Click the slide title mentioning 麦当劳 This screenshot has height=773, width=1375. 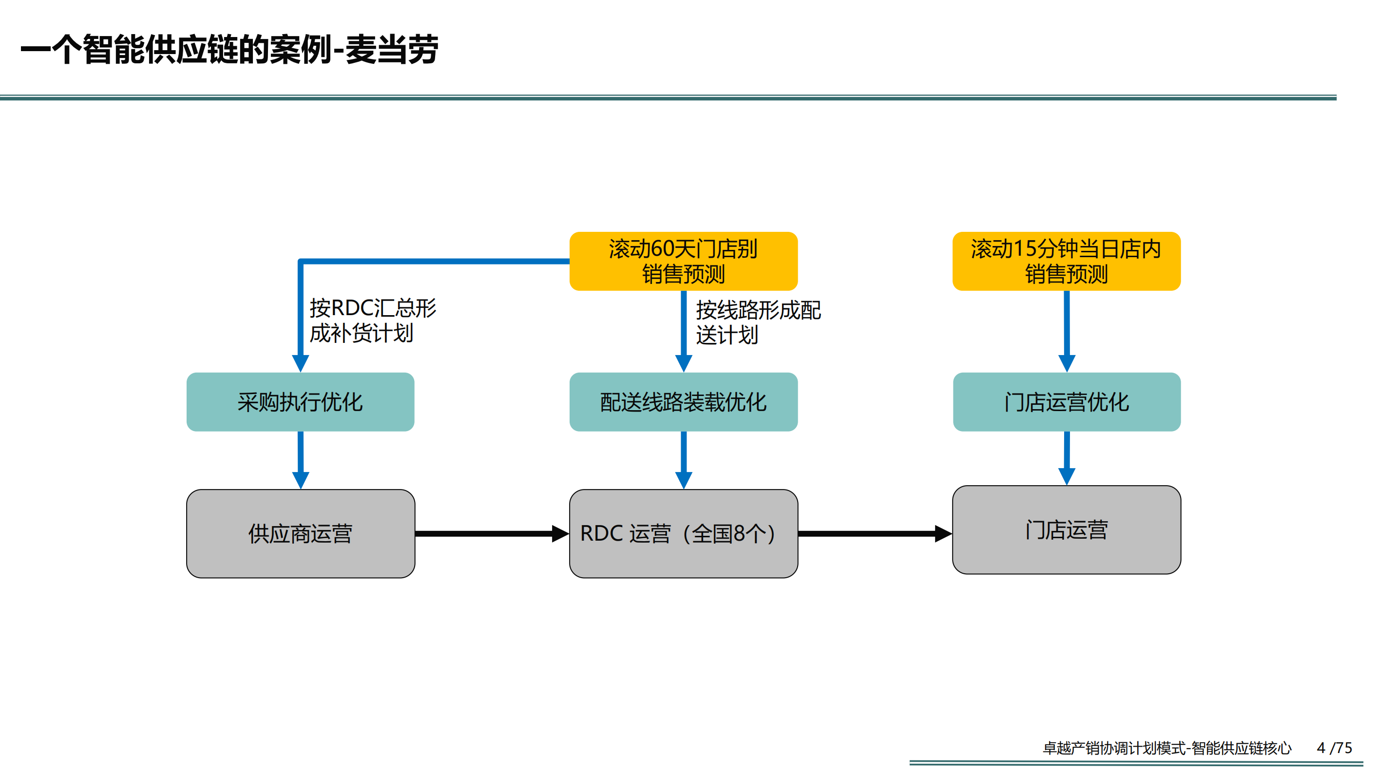coord(229,49)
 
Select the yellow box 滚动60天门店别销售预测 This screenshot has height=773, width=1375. coord(683,261)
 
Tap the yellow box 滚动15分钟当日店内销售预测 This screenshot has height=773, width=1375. coord(1066,261)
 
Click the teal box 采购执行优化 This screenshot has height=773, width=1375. coord(300,402)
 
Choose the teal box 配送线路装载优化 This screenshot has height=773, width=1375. coord(683,402)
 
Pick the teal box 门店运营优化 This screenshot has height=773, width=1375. coord(1066,402)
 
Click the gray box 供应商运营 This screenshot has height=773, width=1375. coord(300,533)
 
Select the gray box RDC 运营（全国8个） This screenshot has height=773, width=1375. coord(683,533)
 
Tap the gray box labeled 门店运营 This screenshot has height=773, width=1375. coord(1066,530)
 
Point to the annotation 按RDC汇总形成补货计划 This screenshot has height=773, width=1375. coord(372,320)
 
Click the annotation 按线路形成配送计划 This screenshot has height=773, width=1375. coord(758,322)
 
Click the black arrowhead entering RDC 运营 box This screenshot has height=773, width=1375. coord(560,533)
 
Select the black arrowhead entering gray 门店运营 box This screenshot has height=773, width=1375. coord(943,533)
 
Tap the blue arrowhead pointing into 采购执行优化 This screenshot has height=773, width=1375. coord(301,363)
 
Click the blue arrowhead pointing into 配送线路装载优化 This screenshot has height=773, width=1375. coord(683,363)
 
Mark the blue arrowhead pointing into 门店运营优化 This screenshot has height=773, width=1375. coord(1066,363)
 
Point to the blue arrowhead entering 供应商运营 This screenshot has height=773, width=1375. coord(301,480)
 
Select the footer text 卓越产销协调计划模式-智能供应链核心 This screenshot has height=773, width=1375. coord(1167,748)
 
